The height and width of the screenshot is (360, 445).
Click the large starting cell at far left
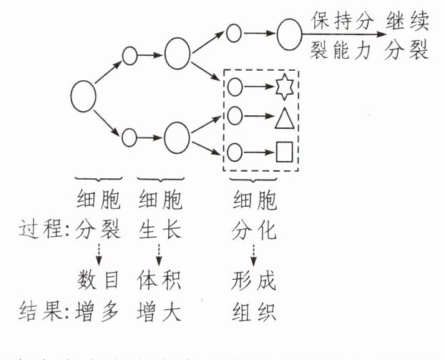[x=84, y=97]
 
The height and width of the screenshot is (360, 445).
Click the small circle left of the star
[x=235, y=87]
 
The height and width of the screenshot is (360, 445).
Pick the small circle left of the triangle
[x=235, y=115]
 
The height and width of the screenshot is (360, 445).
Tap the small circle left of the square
[x=235, y=152]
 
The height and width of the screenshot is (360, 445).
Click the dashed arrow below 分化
[x=252, y=253]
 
